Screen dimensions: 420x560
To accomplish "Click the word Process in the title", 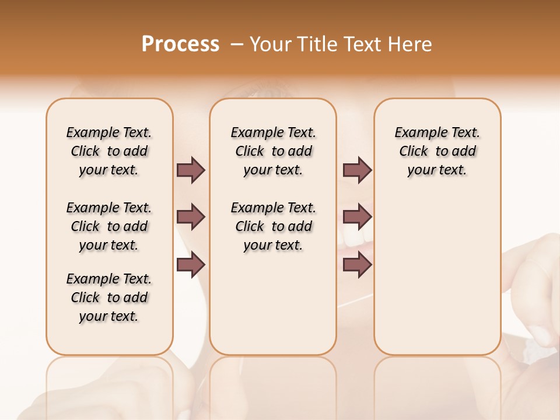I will click(180, 44).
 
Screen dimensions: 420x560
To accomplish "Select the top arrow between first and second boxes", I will click(191, 170).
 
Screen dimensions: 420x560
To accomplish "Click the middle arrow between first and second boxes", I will click(191, 217).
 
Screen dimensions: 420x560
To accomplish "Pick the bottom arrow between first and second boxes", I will click(191, 265).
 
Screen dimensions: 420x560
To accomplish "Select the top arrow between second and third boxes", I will click(357, 170).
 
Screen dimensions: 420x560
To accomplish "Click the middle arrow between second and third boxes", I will click(357, 217).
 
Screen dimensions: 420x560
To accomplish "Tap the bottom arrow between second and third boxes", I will click(357, 265).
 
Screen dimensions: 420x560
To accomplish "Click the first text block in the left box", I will click(109, 151).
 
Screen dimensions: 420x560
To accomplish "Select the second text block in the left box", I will click(109, 226).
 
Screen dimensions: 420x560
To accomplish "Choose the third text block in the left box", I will click(109, 297).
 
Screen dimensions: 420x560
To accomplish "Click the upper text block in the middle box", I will click(273, 151).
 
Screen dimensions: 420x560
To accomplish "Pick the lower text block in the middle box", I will click(273, 226).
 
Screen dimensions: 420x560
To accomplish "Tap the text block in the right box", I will click(437, 151).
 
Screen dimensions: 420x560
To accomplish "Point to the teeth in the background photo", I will click(356, 236).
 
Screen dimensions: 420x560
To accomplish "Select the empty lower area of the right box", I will click(437, 274).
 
